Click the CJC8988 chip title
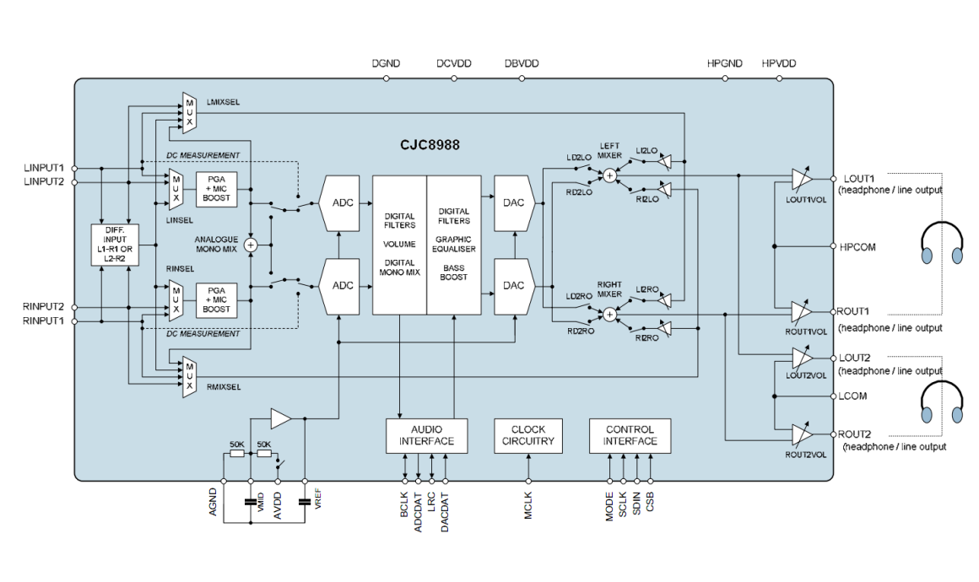[x=430, y=145]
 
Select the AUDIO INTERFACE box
[x=426, y=435]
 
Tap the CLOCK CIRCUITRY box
[x=528, y=435]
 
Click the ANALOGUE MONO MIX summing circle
[x=251, y=245]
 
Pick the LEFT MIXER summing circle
[x=609, y=175]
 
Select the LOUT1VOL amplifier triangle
[x=801, y=179]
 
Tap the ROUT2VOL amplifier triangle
[x=801, y=434]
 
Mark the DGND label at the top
[x=386, y=63]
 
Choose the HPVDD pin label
[x=778, y=63]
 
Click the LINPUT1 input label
[x=44, y=168]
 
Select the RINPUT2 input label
[x=44, y=307]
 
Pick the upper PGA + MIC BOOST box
[x=216, y=189]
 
